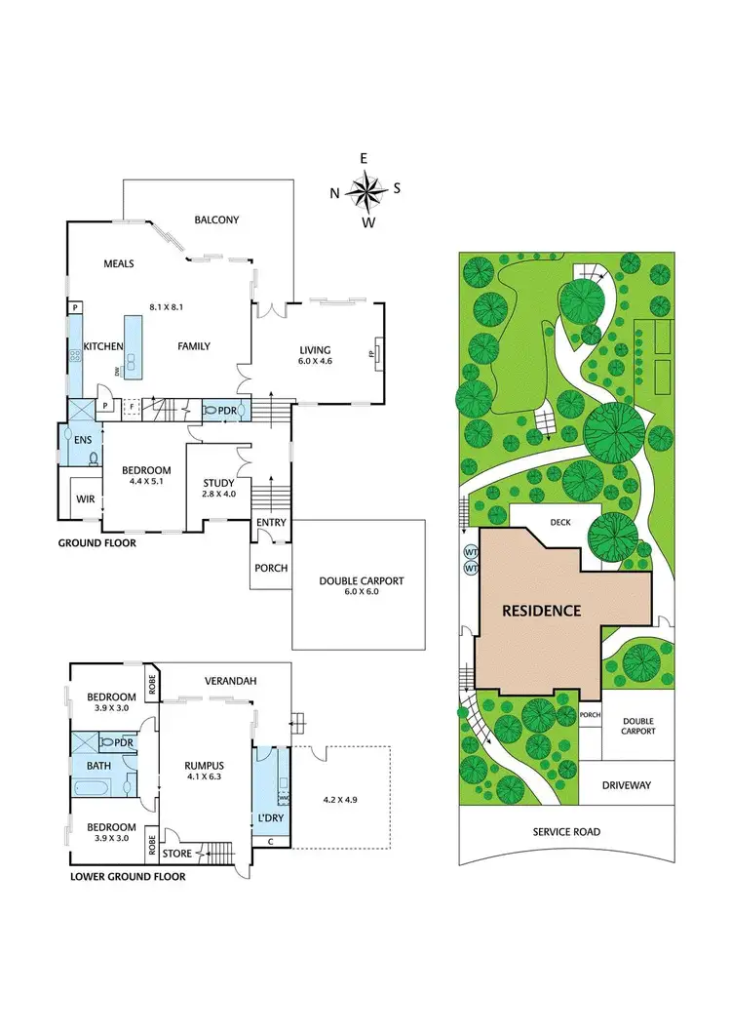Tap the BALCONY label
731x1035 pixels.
(216, 220)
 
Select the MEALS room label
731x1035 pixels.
(118, 263)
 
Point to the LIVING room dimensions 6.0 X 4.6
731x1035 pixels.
(315, 361)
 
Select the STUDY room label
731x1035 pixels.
(218, 483)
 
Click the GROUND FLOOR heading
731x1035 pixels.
(96, 543)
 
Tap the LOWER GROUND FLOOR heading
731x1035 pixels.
(128, 876)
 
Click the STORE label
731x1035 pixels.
(177, 854)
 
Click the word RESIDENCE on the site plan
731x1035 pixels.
(541, 612)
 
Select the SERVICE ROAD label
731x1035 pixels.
(566, 832)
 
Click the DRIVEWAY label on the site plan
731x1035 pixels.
(626, 784)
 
